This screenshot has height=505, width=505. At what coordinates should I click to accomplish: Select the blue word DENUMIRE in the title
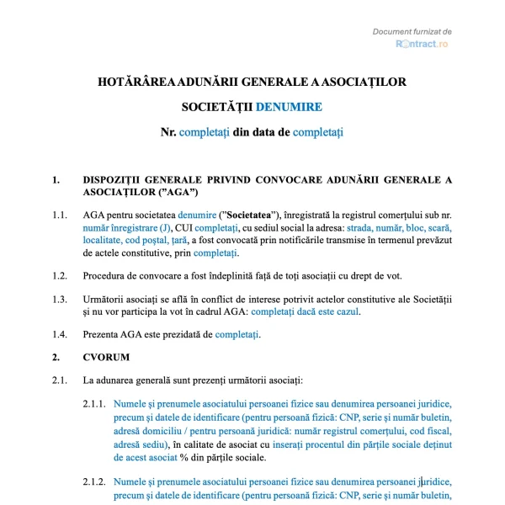click(288, 107)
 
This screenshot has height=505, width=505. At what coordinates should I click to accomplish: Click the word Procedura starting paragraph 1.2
click(107, 275)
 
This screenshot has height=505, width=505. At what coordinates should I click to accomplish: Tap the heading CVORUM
click(106, 358)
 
